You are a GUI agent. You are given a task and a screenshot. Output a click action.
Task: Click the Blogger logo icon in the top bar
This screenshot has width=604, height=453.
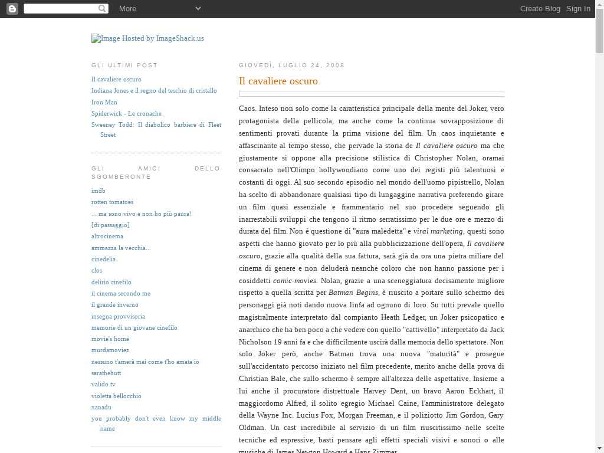click(x=12, y=8)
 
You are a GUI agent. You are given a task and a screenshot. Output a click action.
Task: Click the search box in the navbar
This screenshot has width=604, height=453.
click(x=61, y=8)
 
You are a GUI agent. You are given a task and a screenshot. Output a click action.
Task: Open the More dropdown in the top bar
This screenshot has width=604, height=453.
click(x=159, y=8)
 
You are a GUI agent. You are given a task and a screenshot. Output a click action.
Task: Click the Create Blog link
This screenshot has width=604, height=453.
click(x=540, y=8)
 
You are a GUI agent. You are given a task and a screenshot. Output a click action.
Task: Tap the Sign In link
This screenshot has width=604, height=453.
click(x=578, y=8)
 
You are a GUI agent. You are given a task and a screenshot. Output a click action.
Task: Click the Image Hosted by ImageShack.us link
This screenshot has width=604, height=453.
click(x=147, y=38)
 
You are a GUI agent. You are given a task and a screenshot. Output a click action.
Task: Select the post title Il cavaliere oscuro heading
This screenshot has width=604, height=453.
click(x=278, y=81)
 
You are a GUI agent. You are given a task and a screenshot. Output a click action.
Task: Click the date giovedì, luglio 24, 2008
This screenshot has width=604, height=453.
click(x=291, y=65)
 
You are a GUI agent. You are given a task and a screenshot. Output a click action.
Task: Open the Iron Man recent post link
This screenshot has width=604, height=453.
click(x=104, y=102)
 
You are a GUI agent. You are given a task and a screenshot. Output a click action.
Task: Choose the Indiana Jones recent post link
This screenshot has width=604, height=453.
click(x=154, y=90)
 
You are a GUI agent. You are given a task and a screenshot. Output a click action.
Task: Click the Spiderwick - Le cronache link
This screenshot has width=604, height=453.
click(x=126, y=113)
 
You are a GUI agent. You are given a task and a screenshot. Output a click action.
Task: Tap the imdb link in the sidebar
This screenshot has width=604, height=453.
click(x=98, y=191)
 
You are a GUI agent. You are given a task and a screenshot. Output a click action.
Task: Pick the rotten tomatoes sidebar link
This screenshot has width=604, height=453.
click(x=112, y=202)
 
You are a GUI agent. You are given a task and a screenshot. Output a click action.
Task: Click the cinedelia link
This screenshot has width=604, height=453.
click(x=103, y=259)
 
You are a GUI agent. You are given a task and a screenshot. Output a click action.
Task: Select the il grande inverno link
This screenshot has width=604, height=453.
click(x=114, y=304)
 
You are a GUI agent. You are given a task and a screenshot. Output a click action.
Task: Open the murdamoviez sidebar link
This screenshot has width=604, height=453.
click(x=110, y=350)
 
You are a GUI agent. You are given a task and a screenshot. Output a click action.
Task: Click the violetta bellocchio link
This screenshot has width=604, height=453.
click(x=116, y=396)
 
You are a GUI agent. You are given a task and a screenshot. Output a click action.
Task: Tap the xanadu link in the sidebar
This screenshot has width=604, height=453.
click(x=101, y=407)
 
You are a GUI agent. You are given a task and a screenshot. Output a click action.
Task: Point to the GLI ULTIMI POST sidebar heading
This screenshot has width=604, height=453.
click(x=124, y=65)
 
